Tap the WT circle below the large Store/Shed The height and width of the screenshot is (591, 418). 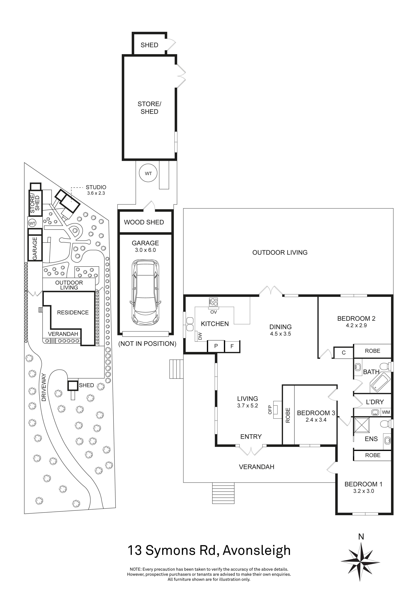click(148, 174)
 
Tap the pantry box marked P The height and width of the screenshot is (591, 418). click(216, 346)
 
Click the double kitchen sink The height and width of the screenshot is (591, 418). click(190, 324)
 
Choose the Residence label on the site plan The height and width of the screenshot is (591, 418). click(73, 313)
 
